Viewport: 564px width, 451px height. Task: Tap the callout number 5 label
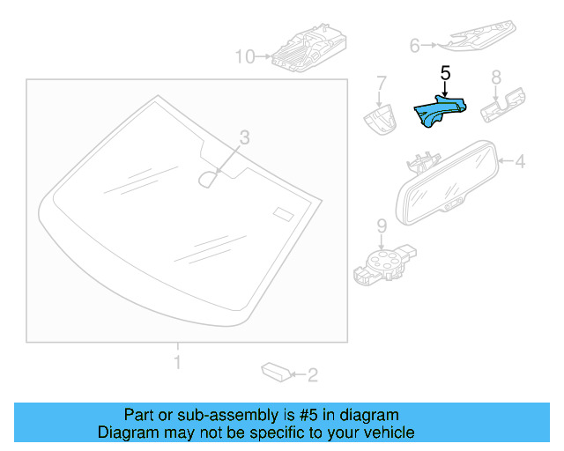(445, 75)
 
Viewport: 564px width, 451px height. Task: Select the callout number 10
(243, 57)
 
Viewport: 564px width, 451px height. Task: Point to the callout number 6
(415, 44)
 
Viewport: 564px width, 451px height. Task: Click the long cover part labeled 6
(480, 34)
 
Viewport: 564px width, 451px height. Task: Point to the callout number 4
(520, 161)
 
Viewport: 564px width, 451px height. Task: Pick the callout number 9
(382, 225)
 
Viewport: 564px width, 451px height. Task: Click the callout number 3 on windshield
(245, 137)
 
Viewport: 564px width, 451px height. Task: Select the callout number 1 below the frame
(176, 362)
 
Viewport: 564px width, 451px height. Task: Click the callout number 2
(312, 375)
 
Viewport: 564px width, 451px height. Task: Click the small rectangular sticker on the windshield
(283, 214)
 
